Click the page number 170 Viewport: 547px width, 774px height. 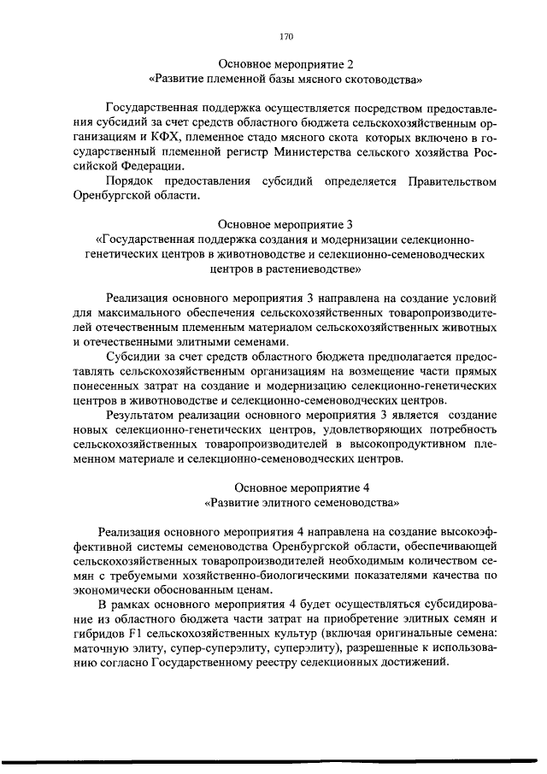tap(285, 36)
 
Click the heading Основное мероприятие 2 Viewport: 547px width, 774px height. tap(285, 64)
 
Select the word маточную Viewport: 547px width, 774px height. tap(103, 651)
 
